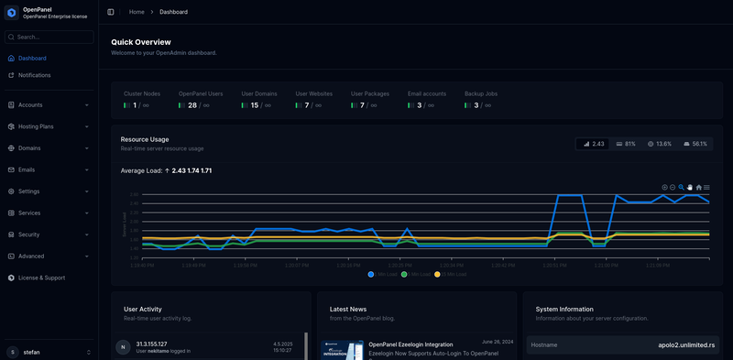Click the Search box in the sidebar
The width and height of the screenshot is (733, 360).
point(51,37)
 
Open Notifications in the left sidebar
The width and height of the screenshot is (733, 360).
point(34,75)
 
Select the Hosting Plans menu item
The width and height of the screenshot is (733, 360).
point(36,126)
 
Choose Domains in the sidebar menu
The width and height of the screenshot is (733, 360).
point(29,147)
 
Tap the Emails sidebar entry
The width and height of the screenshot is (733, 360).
point(27,169)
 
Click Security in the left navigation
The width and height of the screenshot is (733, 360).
point(28,235)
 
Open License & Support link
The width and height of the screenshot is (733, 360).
point(41,278)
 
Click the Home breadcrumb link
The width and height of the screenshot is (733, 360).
point(137,12)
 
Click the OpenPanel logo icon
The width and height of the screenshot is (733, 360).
point(11,12)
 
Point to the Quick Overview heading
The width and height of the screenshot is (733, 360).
point(141,42)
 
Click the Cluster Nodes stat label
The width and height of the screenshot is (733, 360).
point(142,93)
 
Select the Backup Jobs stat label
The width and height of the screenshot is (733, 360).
point(481,93)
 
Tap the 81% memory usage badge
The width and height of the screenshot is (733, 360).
point(627,144)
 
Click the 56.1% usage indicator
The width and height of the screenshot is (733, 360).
point(695,144)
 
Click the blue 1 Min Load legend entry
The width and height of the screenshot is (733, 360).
point(383,274)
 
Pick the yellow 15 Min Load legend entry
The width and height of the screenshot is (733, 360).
point(450,274)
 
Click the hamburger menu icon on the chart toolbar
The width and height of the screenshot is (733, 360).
point(706,187)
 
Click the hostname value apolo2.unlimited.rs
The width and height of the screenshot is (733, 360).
point(679,344)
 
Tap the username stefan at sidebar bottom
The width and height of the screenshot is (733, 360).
point(31,352)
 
